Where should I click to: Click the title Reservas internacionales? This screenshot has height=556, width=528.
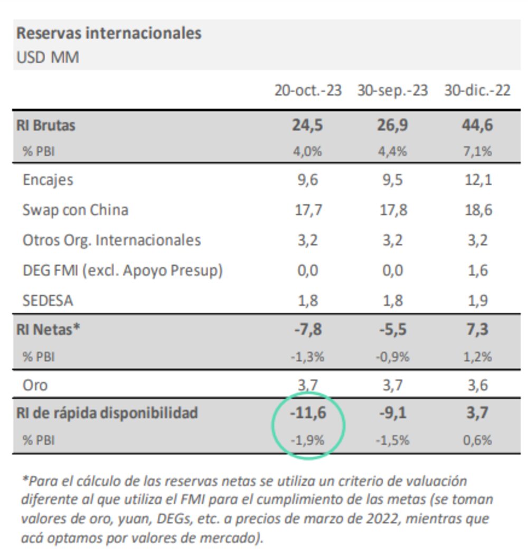(109, 33)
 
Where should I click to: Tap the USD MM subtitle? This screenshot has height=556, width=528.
(48, 57)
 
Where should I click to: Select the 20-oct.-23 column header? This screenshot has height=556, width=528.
(308, 91)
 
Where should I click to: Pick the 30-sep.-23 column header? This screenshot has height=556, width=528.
(392, 91)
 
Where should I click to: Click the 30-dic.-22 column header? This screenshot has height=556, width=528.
(477, 91)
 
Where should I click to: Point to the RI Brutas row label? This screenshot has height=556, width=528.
(46, 126)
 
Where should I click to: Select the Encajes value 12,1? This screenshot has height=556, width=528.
(479, 180)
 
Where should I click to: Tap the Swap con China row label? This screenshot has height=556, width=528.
(75, 210)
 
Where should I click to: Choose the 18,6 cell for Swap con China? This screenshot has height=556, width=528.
(479, 210)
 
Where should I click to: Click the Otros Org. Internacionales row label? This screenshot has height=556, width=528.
(111, 241)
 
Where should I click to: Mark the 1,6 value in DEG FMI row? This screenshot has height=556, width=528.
(479, 271)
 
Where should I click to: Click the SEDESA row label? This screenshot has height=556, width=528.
(48, 301)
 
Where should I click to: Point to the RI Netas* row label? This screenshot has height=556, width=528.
(48, 330)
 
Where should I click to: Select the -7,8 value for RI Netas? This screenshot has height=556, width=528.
(307, 330)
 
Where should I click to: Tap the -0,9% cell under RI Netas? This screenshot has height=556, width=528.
(392, 357)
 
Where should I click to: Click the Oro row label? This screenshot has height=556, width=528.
(35, 385)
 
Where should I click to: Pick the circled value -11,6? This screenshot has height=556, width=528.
(308, 413)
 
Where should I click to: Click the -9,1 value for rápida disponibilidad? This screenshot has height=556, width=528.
(393, 413)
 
